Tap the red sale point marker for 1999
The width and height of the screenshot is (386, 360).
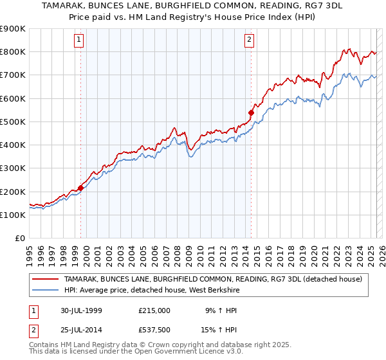tap(81, 188)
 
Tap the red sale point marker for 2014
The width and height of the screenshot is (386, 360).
tap(251, 113)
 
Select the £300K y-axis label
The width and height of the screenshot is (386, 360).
tap(13, 168)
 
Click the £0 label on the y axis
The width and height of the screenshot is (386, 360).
tap(19, 239)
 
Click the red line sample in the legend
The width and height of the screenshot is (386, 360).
tap(46, 279)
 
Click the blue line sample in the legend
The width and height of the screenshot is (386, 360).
tap(46, 290)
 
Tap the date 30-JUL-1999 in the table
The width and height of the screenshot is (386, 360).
tap(78, 310)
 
